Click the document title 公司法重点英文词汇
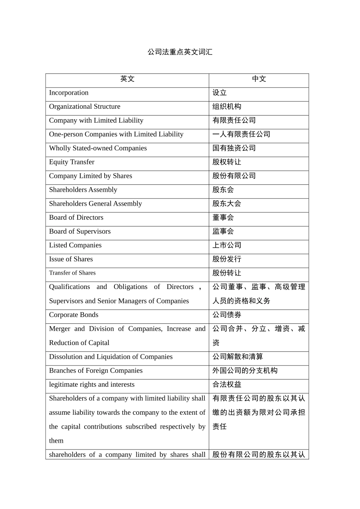180,52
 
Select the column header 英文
127,79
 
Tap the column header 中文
259,79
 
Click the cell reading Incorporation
69,93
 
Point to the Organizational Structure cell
85,107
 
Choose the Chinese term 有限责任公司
234,120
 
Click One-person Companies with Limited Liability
116,134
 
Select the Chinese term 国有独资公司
234,148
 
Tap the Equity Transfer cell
72,162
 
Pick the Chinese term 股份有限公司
234,176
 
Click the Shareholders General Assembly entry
95,204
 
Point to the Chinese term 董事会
223,217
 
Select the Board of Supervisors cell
80,231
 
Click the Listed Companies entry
75,245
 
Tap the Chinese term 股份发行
227,259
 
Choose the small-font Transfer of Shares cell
72,273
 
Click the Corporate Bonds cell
74,315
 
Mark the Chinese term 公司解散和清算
238,357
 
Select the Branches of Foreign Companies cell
95,371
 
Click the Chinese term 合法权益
227,384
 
